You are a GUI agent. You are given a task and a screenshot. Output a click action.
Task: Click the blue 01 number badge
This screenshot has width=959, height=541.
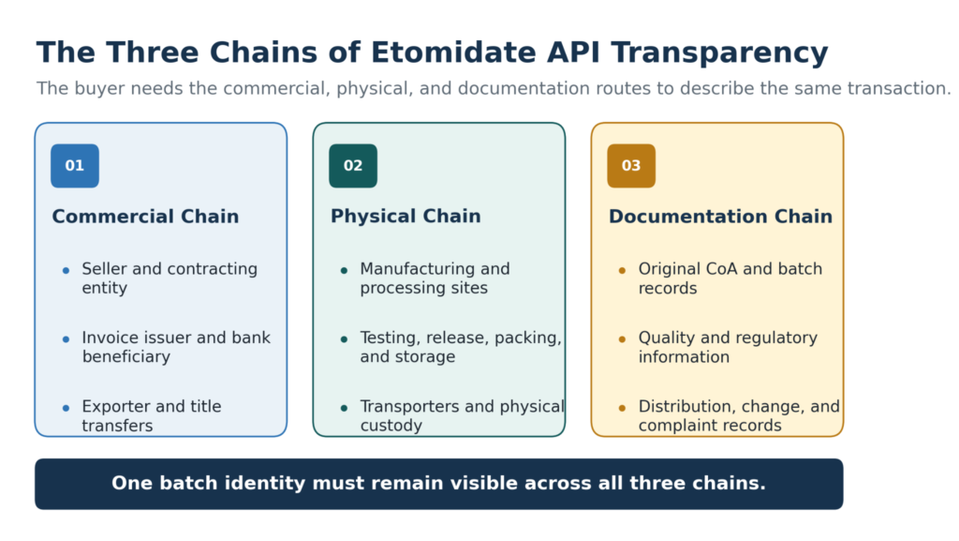(75, 166)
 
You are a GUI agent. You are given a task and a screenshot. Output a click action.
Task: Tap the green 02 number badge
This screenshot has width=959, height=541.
(353, 166)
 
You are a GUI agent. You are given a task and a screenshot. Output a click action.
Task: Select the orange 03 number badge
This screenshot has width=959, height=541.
(631, 166)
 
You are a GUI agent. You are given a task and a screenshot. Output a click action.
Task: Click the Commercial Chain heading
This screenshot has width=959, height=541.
(145, 216)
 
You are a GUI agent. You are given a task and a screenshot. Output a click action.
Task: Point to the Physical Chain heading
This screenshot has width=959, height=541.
(406, 216)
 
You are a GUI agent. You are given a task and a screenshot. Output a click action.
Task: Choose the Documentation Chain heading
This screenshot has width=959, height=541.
(720, 216)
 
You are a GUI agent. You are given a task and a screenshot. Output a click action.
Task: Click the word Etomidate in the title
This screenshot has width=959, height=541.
(453, 53)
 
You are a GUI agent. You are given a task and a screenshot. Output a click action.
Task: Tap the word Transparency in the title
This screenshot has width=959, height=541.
(719, 53)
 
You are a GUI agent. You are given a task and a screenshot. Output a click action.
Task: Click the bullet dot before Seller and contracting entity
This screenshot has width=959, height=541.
(66, 270)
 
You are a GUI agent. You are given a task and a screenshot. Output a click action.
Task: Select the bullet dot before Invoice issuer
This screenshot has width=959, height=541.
(66, 339)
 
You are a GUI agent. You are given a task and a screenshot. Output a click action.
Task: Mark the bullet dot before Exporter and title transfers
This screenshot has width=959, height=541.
(66, 408)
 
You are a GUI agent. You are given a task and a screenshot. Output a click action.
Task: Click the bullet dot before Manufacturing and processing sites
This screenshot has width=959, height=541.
(345, 270)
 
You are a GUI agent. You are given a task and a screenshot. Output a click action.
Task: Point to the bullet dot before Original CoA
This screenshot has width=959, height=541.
(623, 270)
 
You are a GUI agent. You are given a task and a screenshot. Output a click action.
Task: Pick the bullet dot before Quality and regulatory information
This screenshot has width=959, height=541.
(623, 339)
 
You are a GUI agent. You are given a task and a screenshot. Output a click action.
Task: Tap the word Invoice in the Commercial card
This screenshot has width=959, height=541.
(105, 338)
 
